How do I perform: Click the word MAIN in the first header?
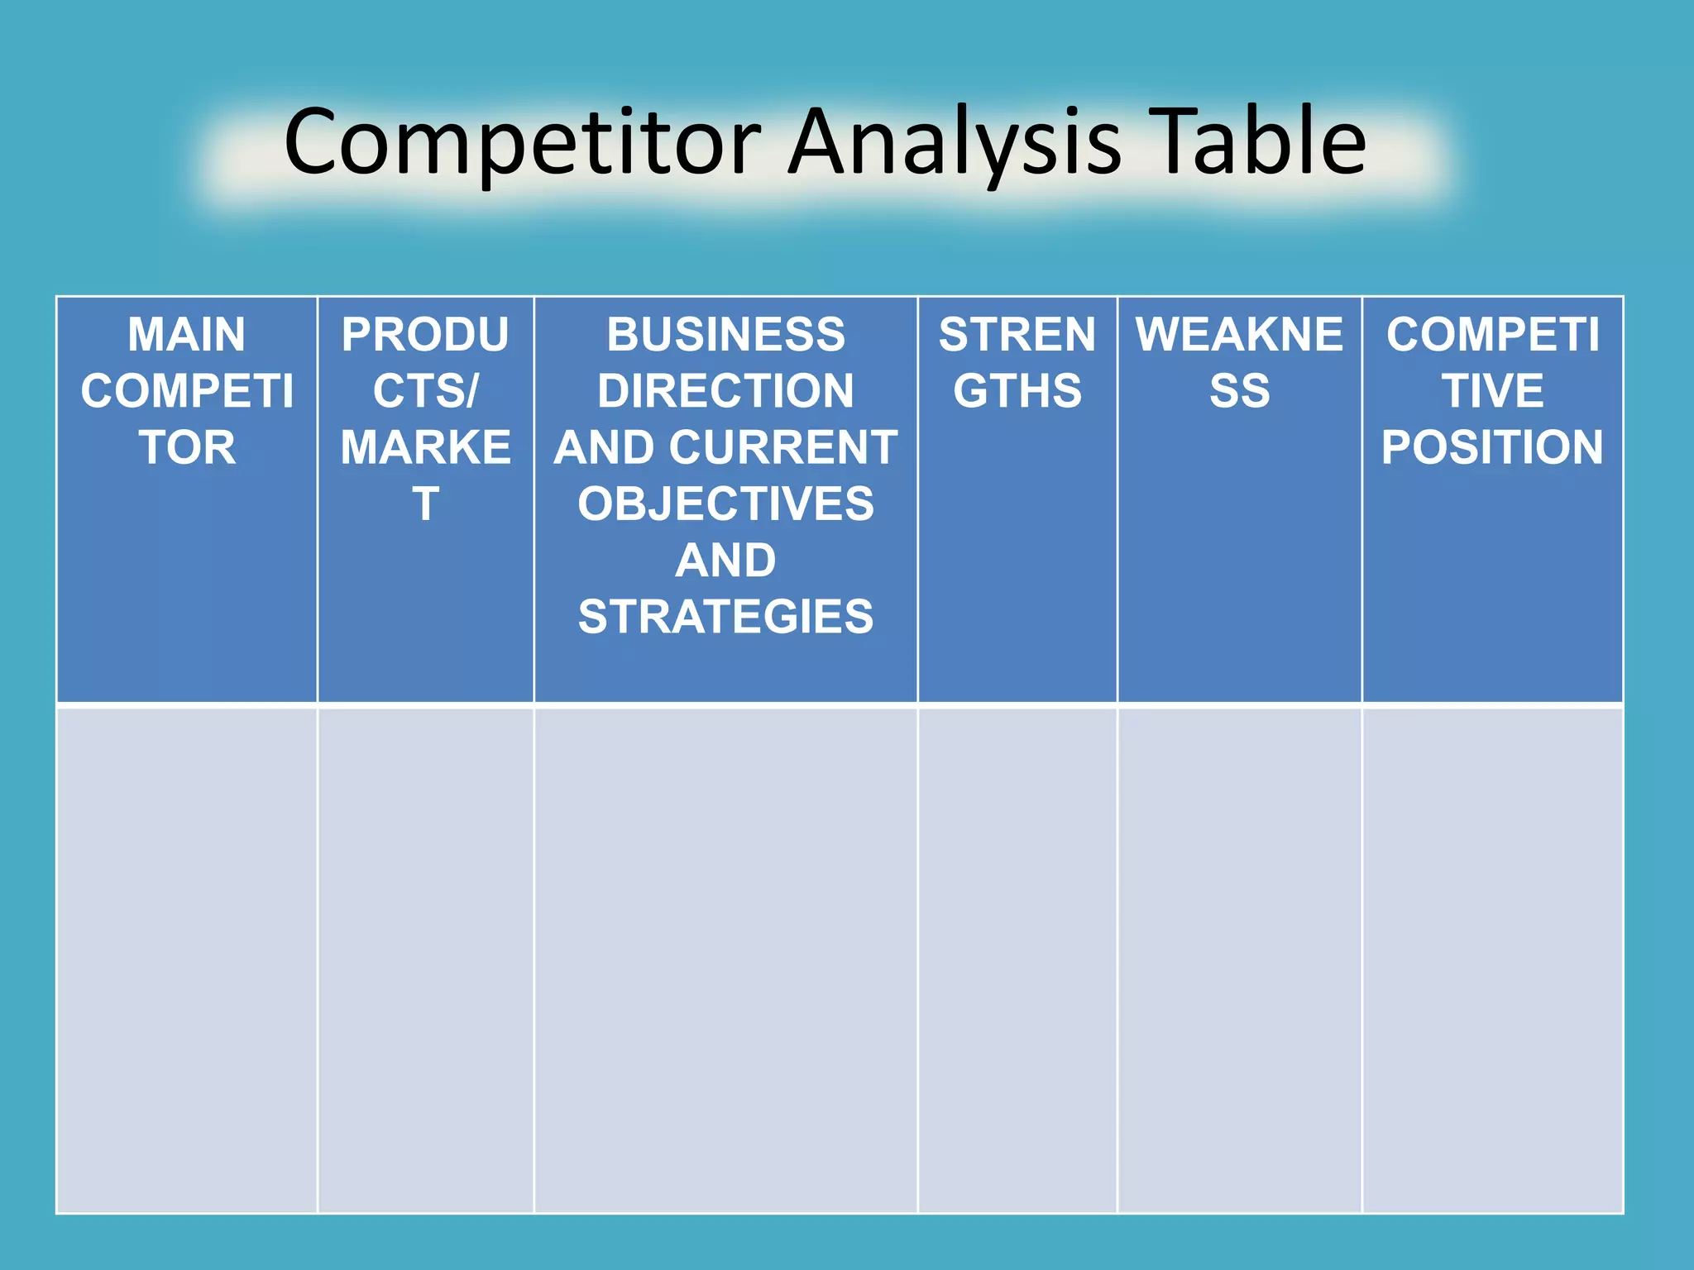tap(187, 335)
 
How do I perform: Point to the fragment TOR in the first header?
tap(187, 447)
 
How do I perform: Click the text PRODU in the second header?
tap(425, 335)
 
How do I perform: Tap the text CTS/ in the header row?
tap(425, 391)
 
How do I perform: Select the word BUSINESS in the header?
tap(725, 335)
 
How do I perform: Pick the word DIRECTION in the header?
tap(725, 391)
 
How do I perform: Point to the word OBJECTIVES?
tap(725, 504)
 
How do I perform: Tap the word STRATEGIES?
tap(725, 617)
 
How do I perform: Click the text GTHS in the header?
tap(1017, 391)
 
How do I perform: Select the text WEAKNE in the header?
tap(1239, 335)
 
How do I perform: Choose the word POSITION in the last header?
tap(1492, 447)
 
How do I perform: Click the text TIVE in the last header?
tap(1492, 391)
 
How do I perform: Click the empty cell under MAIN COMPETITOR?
tap(187, 959)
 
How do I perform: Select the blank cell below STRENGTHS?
tap(1017, 959)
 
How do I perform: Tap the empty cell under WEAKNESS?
tap(1239, 959)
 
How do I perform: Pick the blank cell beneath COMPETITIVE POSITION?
tap(1492, 959)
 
